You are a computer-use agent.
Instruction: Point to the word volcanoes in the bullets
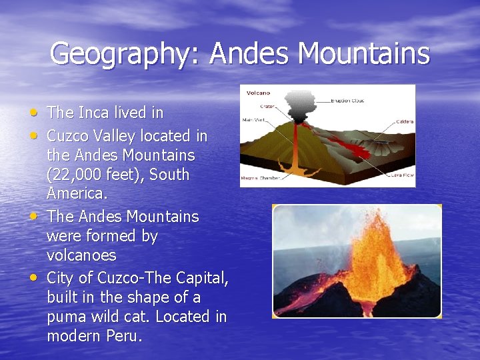click(81, 255)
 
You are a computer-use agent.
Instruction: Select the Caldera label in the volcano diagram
click(404, 121)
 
